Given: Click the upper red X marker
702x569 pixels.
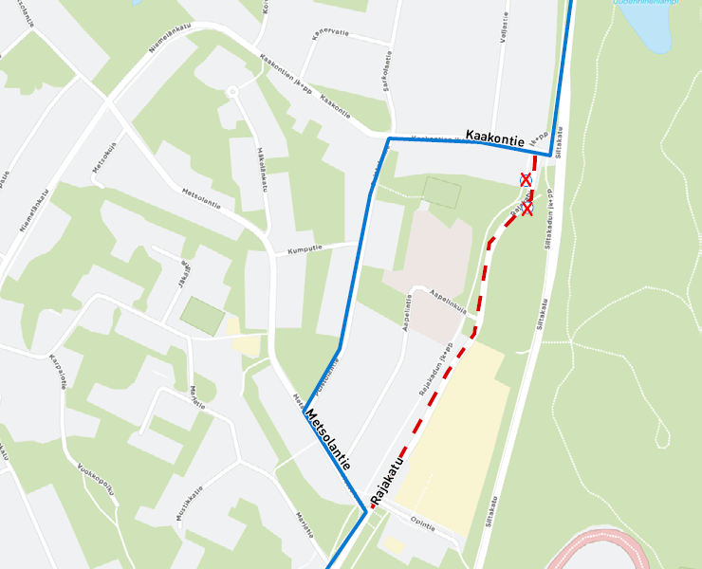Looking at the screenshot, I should (525, 178).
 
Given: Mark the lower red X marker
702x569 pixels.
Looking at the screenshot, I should (526, 209).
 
